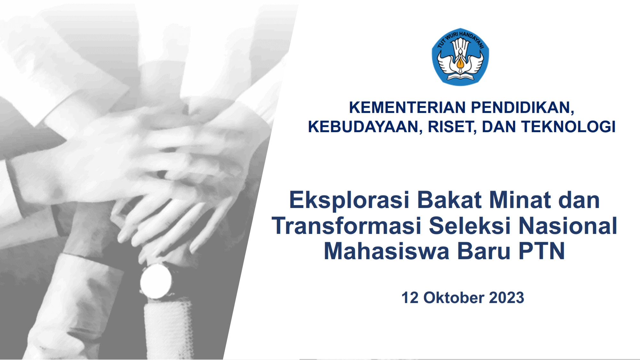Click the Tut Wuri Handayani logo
click(460, 57)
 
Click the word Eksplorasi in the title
click(349, 201)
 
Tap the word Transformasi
click(346, 226)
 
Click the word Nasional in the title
click(568, 226)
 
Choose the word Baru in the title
click(484, 251)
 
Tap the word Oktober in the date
click(454, 298)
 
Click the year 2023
click(507, 298)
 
